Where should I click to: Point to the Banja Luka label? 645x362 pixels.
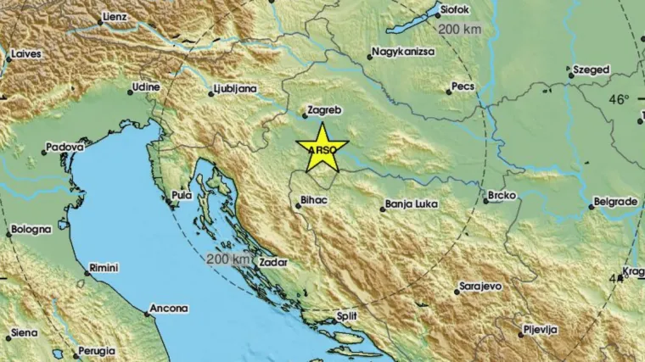point(411,203)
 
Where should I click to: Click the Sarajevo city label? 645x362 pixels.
point(480,287)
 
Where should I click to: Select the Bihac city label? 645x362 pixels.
point(312,203)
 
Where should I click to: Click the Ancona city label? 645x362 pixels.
point(169,309)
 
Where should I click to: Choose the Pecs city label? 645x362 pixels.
point(463,87)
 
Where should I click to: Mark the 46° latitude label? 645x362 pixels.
point(619,99)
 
